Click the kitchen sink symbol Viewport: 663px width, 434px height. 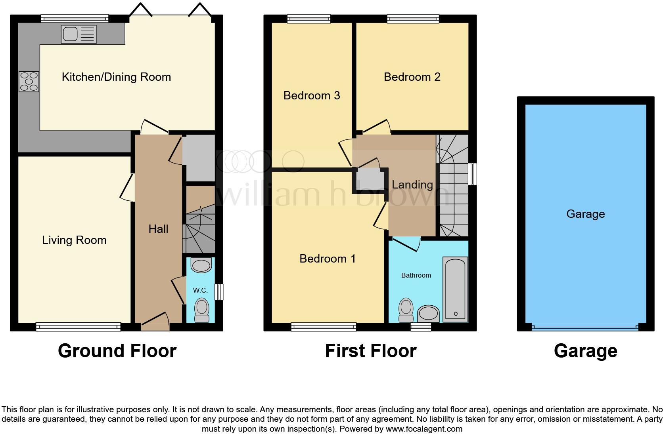(79, 34)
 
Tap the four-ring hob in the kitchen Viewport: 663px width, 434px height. (29, 82)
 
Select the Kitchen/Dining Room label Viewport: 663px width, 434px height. (116, 77)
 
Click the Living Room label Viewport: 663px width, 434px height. (74, 240)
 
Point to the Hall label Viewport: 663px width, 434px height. (158, 229)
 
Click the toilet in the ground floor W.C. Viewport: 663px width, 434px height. (202, 310)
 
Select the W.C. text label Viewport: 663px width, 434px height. (200, 290)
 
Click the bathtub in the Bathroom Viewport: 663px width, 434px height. (455, 289)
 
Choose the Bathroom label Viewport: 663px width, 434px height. (416, 275)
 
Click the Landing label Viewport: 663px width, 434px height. (412, 185)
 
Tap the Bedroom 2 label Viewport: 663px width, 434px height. (412, 77)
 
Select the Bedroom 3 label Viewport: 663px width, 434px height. (312, 95)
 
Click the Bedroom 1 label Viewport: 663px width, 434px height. (327, 259)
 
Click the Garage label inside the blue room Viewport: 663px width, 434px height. (585, 214)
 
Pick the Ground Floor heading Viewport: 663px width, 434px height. (117, 351)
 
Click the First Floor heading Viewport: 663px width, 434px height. (370, 351)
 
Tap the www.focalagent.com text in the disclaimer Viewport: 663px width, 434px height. (424, 428)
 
